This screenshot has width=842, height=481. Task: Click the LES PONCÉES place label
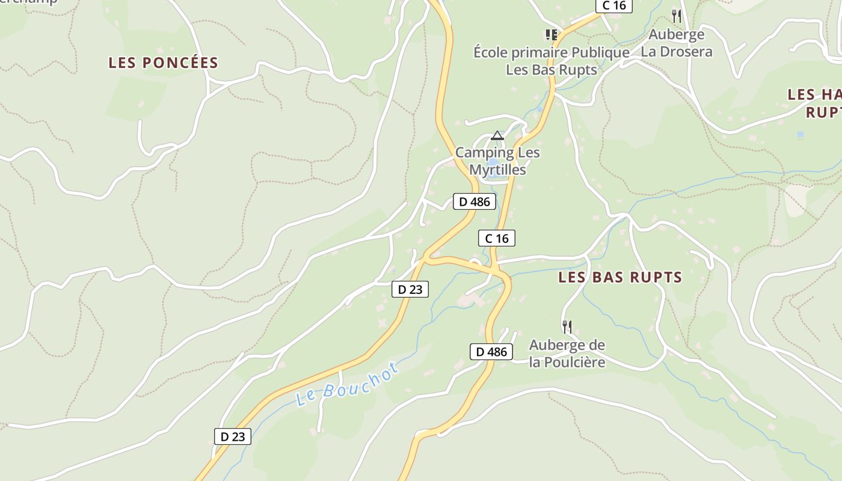click(163, 63)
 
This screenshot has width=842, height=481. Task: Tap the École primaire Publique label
click(551, 53)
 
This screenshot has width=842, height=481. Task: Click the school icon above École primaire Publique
click(551, 34)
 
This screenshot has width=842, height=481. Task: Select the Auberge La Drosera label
click(676, 43)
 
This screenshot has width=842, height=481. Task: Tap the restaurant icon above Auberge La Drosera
click(677, 16)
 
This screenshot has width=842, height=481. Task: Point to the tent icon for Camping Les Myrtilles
click(497, 135)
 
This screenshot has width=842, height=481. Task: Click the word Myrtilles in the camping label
click(497, 170)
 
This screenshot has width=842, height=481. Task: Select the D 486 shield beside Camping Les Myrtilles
click(474, 202)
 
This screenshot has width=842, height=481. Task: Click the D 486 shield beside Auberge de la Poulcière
click(491, 352)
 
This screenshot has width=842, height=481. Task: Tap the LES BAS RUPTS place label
click(620, 277)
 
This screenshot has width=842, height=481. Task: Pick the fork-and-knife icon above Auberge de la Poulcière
click(567, 327)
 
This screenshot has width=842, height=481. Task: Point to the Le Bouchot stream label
click(347, 385)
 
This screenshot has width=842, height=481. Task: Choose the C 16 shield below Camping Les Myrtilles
click(497, 239)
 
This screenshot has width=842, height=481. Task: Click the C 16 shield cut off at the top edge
click(613, 6)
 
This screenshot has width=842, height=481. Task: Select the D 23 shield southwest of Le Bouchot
click(232, 437)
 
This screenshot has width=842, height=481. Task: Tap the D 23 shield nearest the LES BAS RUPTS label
click(410, 289)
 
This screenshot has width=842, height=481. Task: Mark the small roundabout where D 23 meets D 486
click(475, 262)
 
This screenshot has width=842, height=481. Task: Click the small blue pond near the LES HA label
click(800, 135)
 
